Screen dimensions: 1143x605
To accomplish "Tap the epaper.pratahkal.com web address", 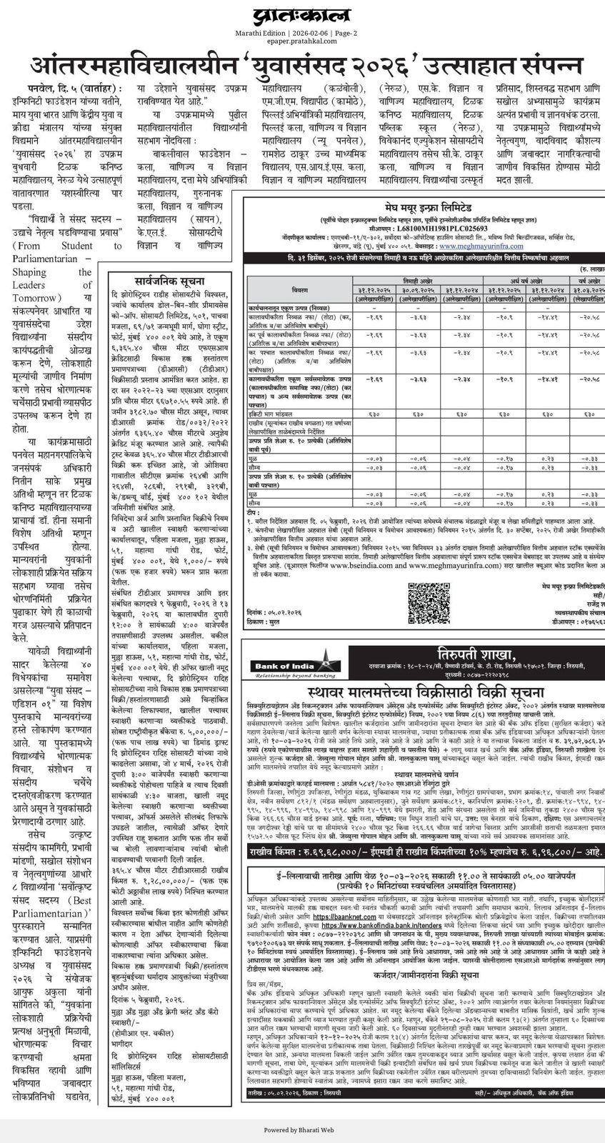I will click(303, 41).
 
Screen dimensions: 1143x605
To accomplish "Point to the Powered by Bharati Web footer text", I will click(303, 1131).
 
